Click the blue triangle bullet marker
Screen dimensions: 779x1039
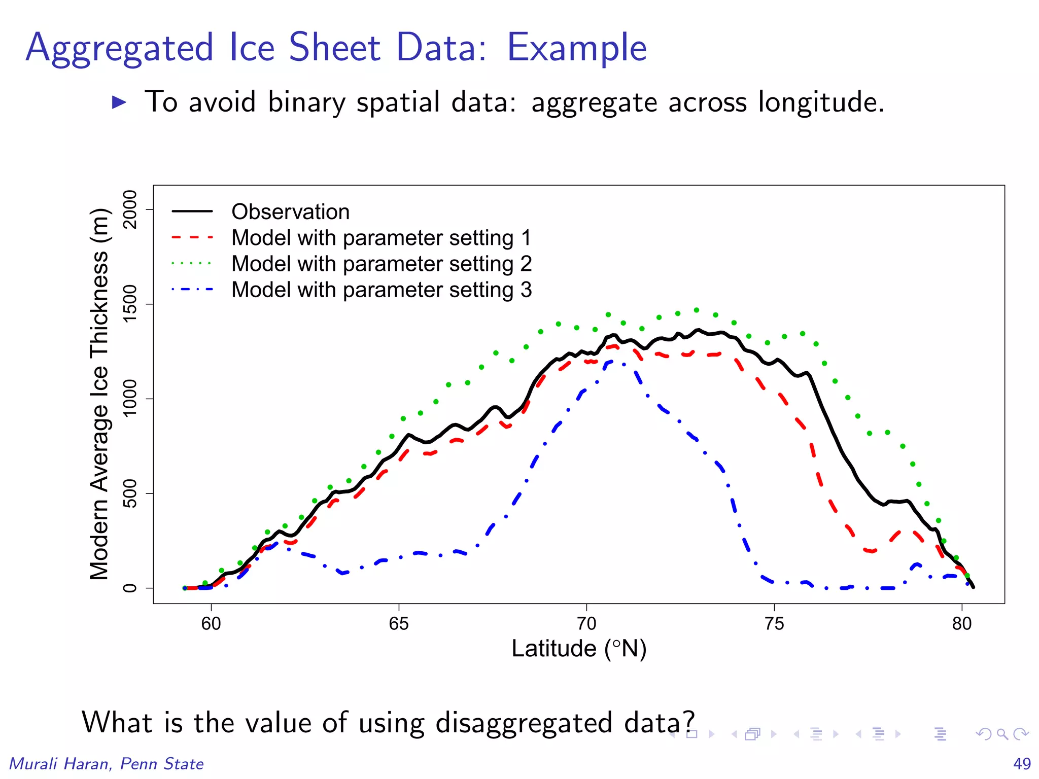119,102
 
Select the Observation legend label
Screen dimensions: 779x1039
290,211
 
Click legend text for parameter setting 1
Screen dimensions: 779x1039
381,238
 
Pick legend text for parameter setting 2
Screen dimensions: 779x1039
381,264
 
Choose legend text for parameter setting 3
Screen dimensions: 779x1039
381,290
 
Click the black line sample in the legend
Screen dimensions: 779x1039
192,211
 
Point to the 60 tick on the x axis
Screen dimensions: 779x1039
211,623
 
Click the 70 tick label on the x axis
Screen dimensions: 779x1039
586,623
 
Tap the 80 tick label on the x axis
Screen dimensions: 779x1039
961,623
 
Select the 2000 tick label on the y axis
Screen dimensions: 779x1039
130,209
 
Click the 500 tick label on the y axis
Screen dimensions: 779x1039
130,493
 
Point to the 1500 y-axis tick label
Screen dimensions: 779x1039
130,304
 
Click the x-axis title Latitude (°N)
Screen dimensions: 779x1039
578,649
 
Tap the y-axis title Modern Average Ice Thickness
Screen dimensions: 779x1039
99,394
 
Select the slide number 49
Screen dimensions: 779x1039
1022,763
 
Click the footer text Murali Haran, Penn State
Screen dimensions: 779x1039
107,763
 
